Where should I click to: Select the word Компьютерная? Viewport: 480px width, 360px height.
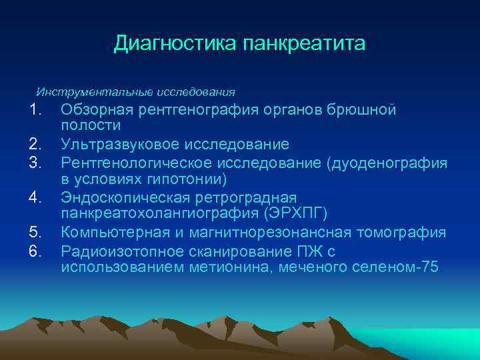tap(111, 233)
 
